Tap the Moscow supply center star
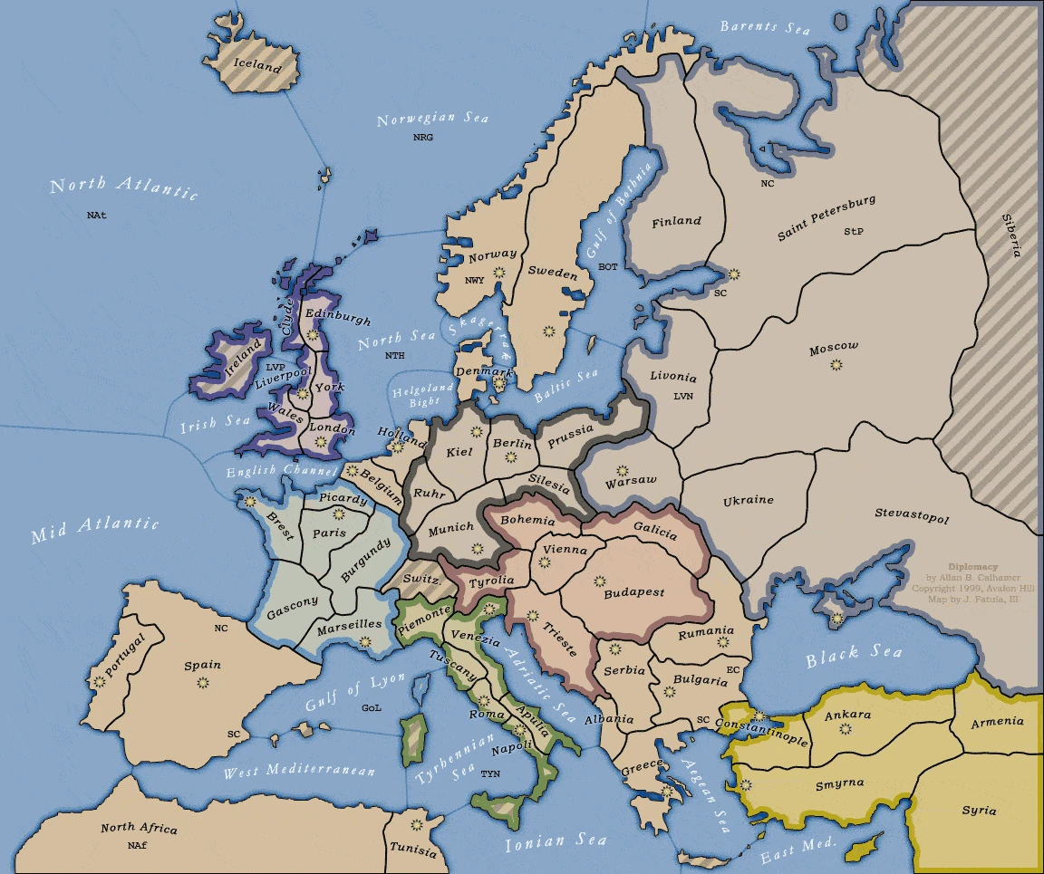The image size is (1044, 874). tap(836, 365)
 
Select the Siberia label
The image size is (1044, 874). tap(1010, 235)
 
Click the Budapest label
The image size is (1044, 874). tap(633, 592)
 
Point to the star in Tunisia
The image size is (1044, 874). tap(417, 825)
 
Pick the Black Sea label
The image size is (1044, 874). tap(854, 655)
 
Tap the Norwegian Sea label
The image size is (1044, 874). tap(432, 120)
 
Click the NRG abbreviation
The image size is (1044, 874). tap(423, 138)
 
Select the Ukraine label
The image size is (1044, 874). tap(748, 500)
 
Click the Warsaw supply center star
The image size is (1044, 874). tap(622, 471)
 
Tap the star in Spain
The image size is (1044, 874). tap(202, 681)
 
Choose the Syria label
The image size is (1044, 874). tap(979, 810)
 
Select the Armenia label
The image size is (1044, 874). tap(997, 722)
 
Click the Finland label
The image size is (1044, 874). tap(676, 221)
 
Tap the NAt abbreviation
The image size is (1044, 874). tap(97, 216)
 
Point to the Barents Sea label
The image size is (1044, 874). tap(765, 27)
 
